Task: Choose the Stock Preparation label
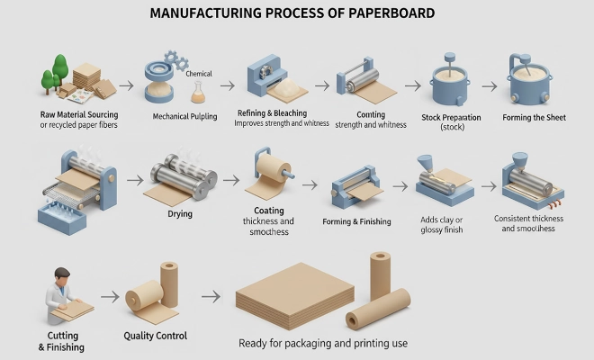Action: [x=451, y=117]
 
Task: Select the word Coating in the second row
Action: [x=269, y=211]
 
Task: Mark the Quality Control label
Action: [x=155, y=336]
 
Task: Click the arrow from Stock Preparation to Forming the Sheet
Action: [x=490, y=86]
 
